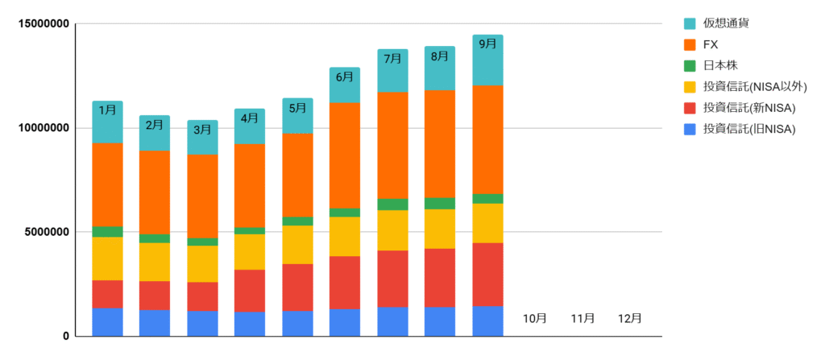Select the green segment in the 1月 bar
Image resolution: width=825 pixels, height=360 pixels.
click(x=107, y=232)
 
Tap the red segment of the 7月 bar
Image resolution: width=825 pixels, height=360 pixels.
click(x=392, y=279)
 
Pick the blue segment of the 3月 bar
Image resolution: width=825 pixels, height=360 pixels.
click(x=202, y=323)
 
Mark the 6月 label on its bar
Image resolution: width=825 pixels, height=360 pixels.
click(x=345, y=77)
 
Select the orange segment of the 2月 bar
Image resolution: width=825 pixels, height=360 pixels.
click(x=155, y=192)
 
